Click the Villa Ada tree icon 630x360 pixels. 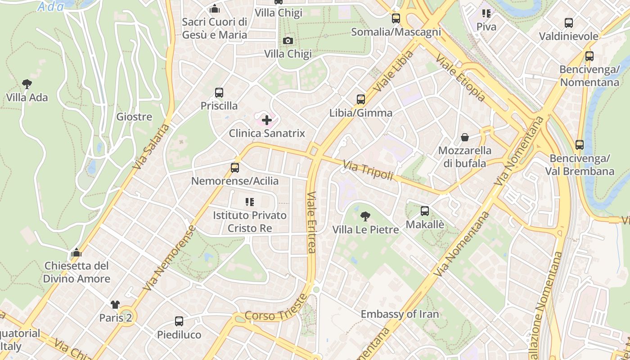[x=27, y=84]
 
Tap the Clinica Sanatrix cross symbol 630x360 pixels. [x=267, y=120]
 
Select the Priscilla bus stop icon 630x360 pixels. [x=219, y=93]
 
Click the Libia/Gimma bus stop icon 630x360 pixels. [x=361, y=99]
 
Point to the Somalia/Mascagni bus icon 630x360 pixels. [x=396, y=18]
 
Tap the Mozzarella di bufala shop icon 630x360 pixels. [x=465, y=137]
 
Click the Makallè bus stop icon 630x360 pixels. [x=425, y=211]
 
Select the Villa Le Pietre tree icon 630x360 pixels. [x=365, y=216]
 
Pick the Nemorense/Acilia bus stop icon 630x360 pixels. [x=234, y=168]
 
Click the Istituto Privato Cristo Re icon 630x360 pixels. [x=250, y=202]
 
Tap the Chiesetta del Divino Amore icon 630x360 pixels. [x=76, y=252]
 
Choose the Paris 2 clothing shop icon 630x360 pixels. [x=115, y=305]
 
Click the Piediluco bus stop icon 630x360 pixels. [x=179, y=321]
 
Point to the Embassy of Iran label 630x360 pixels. [x=400, y=314]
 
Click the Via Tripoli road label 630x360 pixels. [x=368, y=171]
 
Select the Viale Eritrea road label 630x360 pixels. [x=311, y=223]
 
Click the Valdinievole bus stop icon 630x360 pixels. [x=569, y=23]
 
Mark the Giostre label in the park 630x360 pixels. [x=134, y=117]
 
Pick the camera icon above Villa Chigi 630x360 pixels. [x=288, y=41]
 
